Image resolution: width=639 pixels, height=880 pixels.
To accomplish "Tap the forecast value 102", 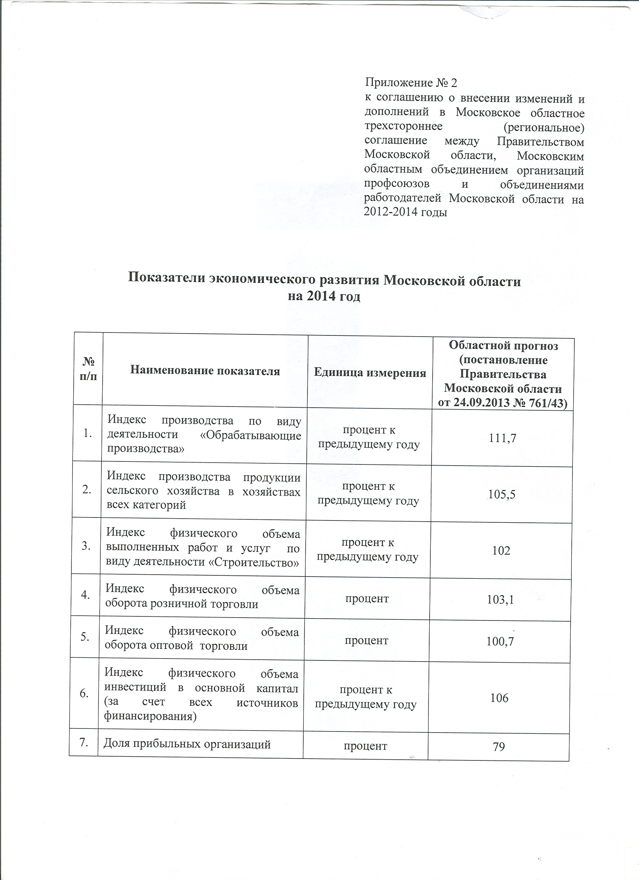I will tap(501, 551).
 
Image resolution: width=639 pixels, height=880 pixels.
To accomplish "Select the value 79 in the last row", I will tap(499, 746).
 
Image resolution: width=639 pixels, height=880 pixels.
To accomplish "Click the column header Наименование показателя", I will tap(205, 371).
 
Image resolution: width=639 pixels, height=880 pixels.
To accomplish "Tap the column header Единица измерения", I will tap(369, 373).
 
